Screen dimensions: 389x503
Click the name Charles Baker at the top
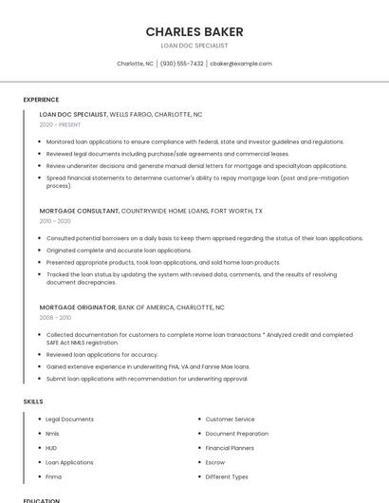point(194,31)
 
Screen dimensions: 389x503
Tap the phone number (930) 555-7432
point(181,64)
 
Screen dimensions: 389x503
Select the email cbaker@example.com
point(241,64)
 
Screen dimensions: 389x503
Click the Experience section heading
point(41,99)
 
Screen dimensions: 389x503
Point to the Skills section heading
point(33,401)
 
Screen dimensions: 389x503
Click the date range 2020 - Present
point(60,124)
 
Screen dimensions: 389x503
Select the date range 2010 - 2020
point(55,221)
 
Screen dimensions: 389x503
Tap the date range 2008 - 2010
point(55,318)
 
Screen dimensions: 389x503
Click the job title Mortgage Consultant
point(79,211)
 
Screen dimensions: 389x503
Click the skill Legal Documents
point(69,419)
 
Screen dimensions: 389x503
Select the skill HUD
point(51,448)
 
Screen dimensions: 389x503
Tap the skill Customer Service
point(230,419)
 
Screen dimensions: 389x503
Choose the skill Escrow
point(215,462)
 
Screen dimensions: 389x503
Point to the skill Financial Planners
point(230,448)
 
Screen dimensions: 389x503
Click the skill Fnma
point(53,476)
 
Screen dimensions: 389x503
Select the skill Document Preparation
point(237,433)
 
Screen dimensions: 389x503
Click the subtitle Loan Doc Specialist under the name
point(194,46)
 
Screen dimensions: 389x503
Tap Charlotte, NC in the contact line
point(135,64)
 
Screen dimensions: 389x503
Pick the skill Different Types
point(227,476)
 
